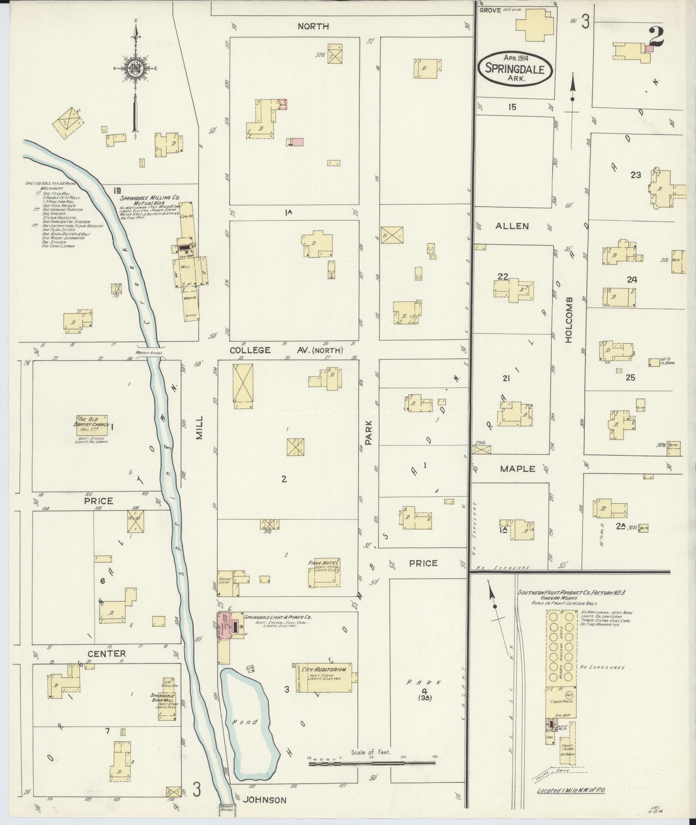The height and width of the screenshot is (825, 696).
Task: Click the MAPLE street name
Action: click(x=517, y=469)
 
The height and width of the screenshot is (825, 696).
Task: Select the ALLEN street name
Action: click(x=512, y=226)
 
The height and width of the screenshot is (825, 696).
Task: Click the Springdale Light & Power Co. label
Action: click(x=277, y=617)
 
